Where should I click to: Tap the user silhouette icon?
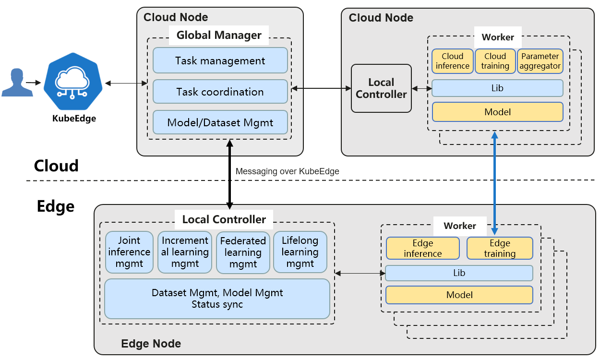point(17,83)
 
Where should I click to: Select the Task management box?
point(220,60)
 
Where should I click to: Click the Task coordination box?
point(220,92)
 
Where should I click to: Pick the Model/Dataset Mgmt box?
point(220,122)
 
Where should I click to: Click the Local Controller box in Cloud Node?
point(381,88)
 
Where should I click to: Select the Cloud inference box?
point(452,61)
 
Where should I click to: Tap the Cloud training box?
point(495,61)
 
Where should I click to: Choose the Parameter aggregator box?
point(540,61)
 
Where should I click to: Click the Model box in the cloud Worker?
point(497,112)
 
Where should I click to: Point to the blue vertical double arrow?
point(494,182)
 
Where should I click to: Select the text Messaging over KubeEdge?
point(287,171)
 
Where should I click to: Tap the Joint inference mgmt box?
point(129,252)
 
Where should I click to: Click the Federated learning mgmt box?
point(243,252)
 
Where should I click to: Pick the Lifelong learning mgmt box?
point(300,252)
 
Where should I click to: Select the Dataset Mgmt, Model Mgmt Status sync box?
point(217,299)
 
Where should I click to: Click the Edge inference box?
point(422,248)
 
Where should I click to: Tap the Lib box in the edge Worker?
point(459,273)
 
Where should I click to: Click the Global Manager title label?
point(219,35)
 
